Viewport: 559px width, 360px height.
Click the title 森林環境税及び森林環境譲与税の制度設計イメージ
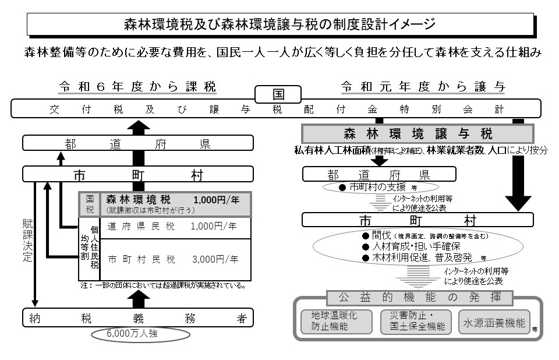coord(279,24)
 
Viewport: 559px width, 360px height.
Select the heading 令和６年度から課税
coord(137,86)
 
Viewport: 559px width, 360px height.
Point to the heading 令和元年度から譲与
coord(423,86)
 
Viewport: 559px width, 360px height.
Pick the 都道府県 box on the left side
coord(138,144)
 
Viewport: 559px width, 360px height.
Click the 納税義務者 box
coord(138,318)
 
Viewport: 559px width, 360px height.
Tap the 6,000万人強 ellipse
coord(140,334)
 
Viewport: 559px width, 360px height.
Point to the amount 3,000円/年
coord(214,260)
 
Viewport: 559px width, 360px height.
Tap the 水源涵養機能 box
coord(494,322)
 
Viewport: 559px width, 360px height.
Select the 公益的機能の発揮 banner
coord(419,298)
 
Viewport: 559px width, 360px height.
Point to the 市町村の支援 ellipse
coord(378,188)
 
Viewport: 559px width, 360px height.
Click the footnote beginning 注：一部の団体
coord(162,285)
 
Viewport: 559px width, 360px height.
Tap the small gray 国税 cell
coord(89,204)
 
